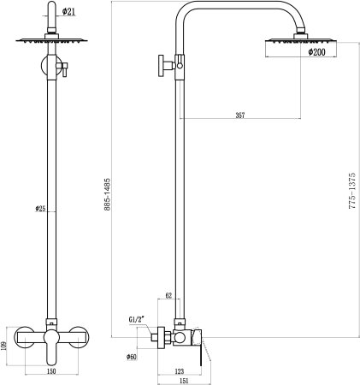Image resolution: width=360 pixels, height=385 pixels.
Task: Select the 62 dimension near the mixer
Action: click(x=168, y=295)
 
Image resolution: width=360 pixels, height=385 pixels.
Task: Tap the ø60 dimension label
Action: click(x=131, y=357)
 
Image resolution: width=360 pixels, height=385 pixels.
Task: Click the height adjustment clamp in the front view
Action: click(x=58, y=67)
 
